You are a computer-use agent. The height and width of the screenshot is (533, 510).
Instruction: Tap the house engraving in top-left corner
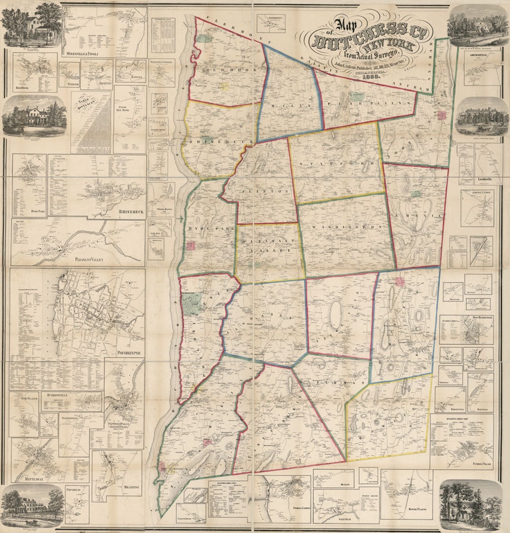tap(31, 23)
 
